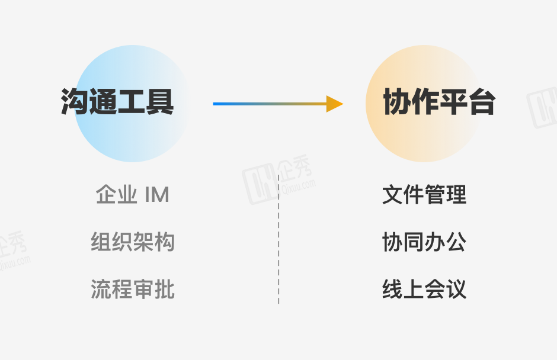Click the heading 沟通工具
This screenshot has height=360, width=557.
[x=117, y=102]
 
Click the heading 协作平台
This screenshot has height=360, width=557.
[x=439, y=102]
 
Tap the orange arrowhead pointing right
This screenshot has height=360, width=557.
[x=335, y=104]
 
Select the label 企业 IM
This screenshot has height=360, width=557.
[x=133, y=195]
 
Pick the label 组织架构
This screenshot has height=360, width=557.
[x=133, y=242]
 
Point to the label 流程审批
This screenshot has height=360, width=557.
[x=133, y=290]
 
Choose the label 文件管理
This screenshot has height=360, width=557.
[x=424, y=195]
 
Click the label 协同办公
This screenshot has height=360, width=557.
[x=424, y=242]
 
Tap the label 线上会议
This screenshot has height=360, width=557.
[x=424, y=290]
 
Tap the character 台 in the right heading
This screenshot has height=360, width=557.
[x=482, y=102]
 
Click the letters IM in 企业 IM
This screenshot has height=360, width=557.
[x=156, y=195]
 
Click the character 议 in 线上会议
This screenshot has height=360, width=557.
[x=456, y=290]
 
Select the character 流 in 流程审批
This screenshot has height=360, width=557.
[x=101, y=290]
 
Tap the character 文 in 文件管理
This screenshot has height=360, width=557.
[x=393, y=195]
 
